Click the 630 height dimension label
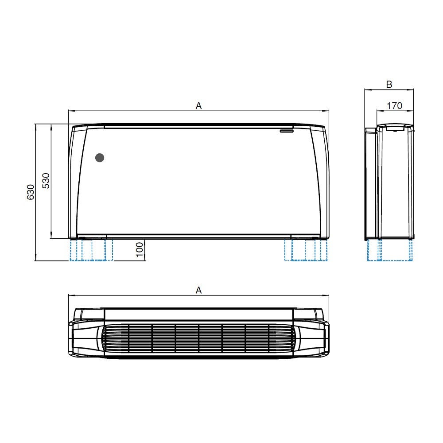(x=30, y=192)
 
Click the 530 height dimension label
(x=46, y=181)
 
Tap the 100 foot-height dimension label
(x=140, y=249)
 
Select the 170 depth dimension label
(x=394, y=105)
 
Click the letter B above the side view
(x=389, y=84)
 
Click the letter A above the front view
(x=199, y=105)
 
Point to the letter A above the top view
(x=199, y=290)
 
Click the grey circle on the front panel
(x=100, y=157)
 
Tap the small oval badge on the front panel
(x=287, y=131)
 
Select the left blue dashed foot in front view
(x=91, y=250)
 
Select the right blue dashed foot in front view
(x=306, y=250)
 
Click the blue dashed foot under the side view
(x=390, y=250)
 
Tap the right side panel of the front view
(x=322, y=182)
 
